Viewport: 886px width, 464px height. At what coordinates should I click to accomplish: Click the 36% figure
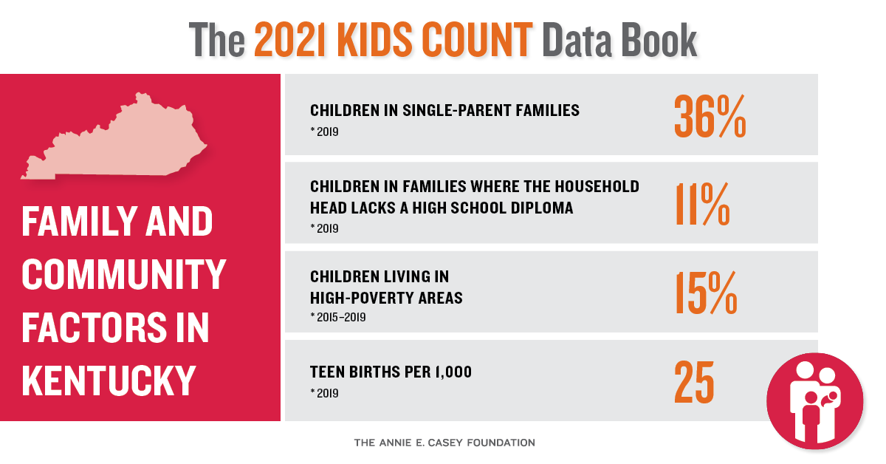[x=710, y=115]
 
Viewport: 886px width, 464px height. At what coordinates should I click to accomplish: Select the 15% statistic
[x=705, y=293]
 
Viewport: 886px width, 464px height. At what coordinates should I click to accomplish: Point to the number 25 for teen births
[x=694, y=381]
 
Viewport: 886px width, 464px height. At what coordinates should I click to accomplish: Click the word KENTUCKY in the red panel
[x=109, y=380]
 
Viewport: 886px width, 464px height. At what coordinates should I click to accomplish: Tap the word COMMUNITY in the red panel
[x=123, y=274]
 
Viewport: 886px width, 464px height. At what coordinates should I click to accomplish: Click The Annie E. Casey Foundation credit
[x=444, y=443]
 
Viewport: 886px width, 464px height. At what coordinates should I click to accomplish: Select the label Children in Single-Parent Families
[x=444, y=111]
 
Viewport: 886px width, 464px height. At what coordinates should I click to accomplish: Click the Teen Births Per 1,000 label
[x=391, y=372]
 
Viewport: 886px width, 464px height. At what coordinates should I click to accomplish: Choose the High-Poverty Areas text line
[x=386, y=298]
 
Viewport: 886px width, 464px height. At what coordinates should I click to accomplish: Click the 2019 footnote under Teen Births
[x=324, y=393]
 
